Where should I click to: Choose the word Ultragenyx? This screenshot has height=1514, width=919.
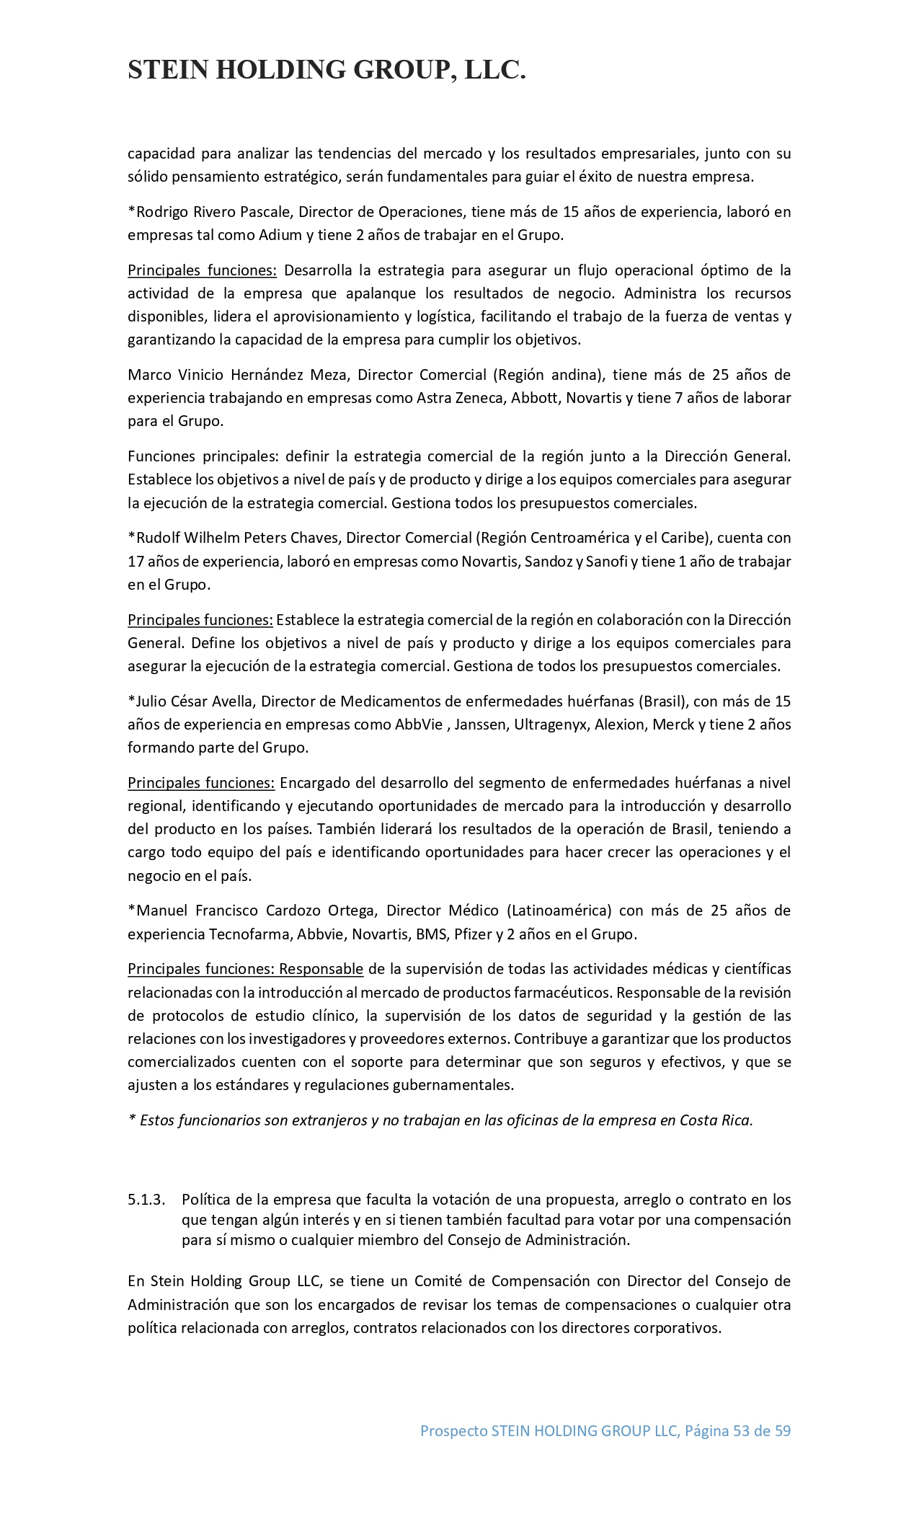pyautogui.click(x=551, y=725)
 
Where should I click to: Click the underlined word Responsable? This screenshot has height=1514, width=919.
pyautogui.click(x=321, y=969)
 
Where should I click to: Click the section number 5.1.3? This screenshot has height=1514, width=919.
pyautogui.click(x=146, y=1200)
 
